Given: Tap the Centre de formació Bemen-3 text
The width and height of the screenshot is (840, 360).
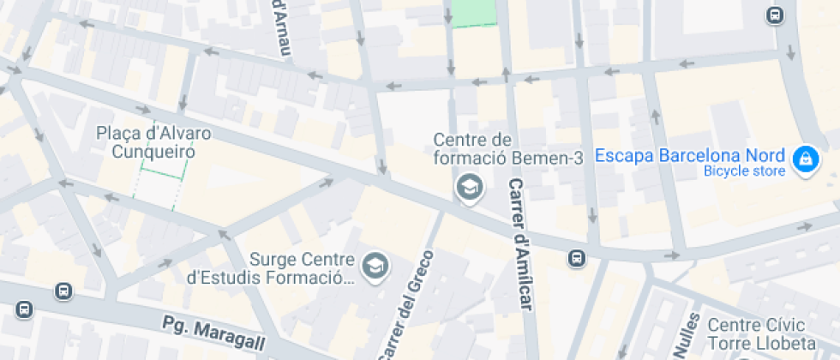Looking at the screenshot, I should [x=472, y=148].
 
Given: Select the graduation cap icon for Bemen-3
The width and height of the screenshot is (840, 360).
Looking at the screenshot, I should [x=468, y=186].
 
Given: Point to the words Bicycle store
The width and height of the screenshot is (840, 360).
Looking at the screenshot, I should [x=744, y=171].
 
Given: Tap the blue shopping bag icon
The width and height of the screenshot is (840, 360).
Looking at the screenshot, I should [x=805, y=159].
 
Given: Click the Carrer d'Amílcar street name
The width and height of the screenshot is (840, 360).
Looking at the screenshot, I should [x=520, y=245].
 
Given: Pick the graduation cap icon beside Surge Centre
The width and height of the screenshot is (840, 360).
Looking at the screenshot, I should [x=375, y=266].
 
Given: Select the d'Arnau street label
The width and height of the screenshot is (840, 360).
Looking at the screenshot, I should [x=281, y=27].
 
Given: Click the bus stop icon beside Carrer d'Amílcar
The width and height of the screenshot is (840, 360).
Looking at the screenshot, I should [x=578, y=257].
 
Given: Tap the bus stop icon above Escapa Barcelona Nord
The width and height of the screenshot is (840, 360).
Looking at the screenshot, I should [x=775, y=15].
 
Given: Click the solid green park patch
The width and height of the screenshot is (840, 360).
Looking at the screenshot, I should [x=474, y=12].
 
